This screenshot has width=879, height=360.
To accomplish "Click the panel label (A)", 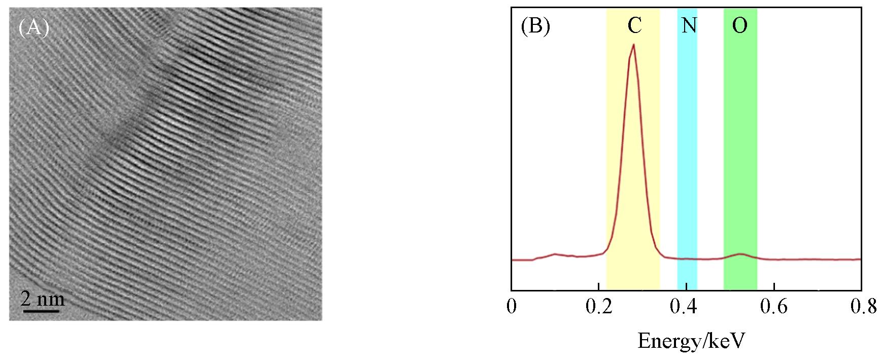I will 33,28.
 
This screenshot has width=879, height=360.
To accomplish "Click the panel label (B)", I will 535,26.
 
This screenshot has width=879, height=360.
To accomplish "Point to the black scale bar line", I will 41,309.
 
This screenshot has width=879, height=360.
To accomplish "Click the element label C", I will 634,25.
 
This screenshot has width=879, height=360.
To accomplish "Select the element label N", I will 689,25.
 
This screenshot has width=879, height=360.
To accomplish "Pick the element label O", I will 739,25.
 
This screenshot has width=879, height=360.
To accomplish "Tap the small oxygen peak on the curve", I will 740,253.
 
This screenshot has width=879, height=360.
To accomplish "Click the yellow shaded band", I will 633,152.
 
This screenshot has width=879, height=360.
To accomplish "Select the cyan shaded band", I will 687,152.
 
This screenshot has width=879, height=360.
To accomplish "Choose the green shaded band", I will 740,152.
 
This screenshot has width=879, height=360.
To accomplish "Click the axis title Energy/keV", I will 691,341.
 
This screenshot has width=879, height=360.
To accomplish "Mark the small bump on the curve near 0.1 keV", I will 555,253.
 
